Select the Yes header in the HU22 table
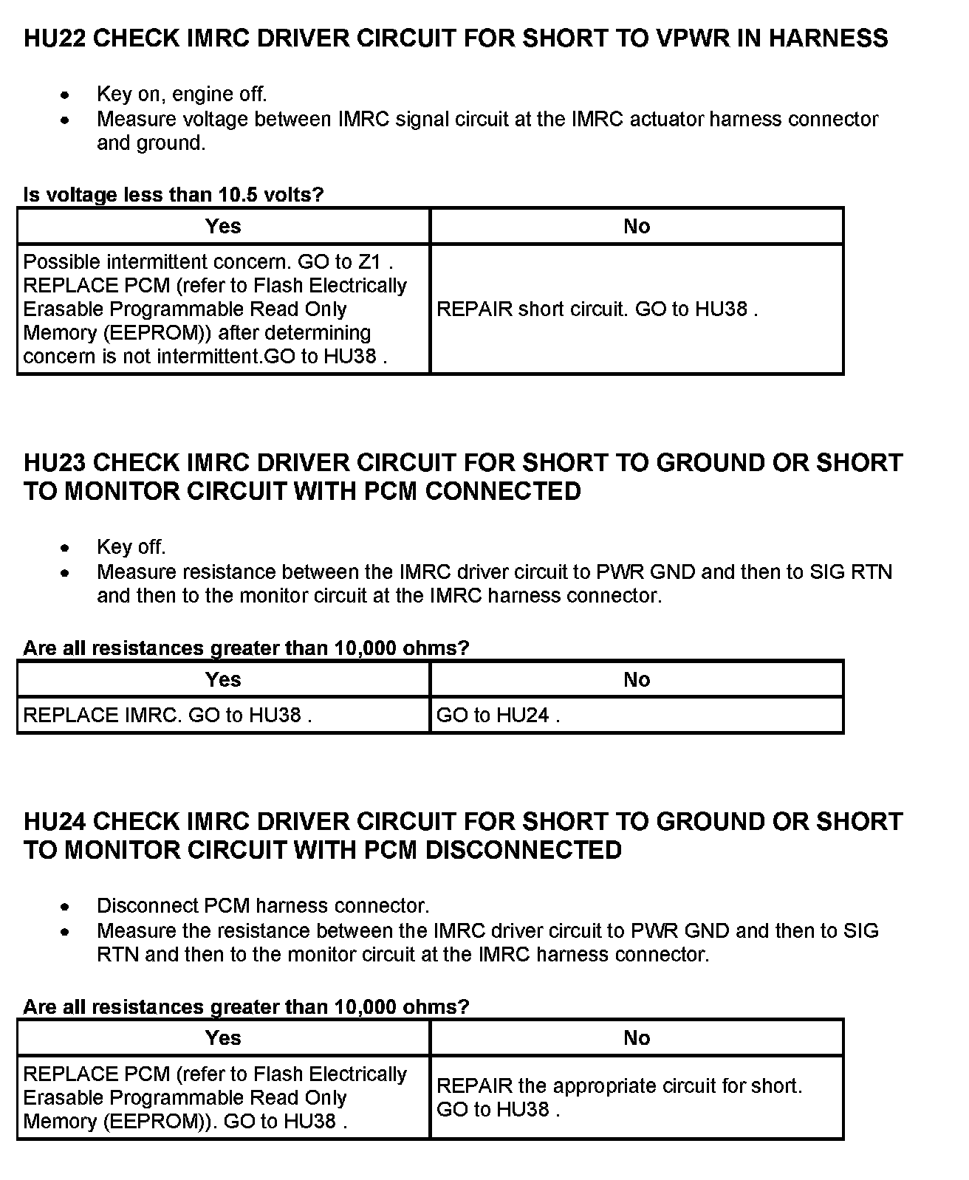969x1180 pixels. (x=223, y=227)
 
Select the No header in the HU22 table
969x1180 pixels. (x=637, y=227)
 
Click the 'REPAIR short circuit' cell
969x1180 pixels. (x=597, y=309)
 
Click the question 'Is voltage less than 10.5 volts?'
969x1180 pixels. (x=174, y=195)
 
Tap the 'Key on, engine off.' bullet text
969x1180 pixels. (x=182, y=95)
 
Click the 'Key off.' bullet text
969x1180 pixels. (x=131, y=547)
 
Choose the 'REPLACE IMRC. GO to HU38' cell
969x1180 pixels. (x=168, y=716)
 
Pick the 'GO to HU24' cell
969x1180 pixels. (x=498, y=716)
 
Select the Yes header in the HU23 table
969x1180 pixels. (x=223, y=679)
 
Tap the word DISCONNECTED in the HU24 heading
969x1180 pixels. (x=524, y=851)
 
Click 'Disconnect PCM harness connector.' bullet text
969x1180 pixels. (x=263, y=906)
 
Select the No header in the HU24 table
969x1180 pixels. (x=637, y=1038)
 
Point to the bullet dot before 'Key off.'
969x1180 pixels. (x=66, y=548)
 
